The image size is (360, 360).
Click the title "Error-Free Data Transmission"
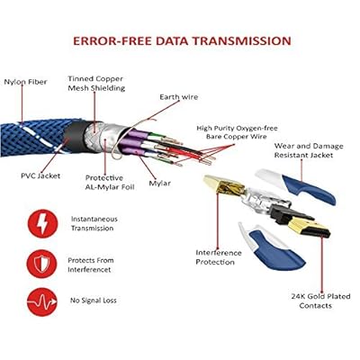(182, 40)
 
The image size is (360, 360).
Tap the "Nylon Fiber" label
(25, 82)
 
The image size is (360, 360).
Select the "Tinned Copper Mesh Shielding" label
(96, 84)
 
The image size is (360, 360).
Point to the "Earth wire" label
(179, 97)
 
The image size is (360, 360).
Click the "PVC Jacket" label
(40, 175)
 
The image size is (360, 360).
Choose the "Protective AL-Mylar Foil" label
(110, 183)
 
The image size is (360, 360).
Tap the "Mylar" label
(159, 184)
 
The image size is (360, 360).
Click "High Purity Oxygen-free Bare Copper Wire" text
(237, 132)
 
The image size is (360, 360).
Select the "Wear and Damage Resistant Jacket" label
(309, 150)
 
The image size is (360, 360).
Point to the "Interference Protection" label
(219, 257)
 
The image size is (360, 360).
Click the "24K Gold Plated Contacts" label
(320, 301)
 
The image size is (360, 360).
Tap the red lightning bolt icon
(42, 224)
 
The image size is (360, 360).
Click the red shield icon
(42, 264)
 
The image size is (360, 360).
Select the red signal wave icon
(42, 301)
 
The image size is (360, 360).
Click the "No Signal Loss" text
(94, 301)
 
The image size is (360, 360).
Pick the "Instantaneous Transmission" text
(94, 223)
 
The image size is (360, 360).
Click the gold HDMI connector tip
(309, 228)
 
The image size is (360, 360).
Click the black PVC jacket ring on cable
(75, 137)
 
